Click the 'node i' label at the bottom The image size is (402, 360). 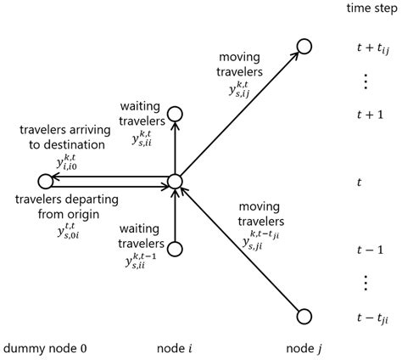click(x=175, y=348)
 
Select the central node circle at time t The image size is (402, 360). click(x=175, y=181)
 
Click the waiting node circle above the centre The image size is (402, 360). click(x=175, y=113)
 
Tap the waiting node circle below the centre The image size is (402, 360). click(x=175, y=249)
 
